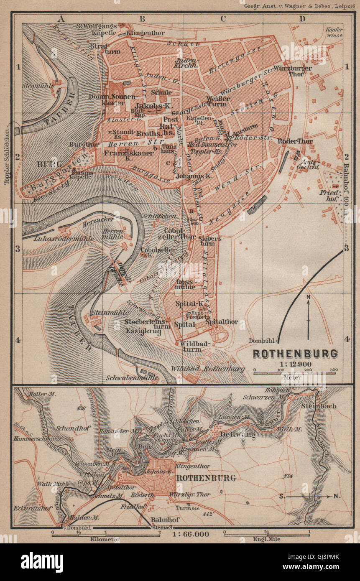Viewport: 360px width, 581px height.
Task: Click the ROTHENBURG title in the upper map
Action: (295, 354)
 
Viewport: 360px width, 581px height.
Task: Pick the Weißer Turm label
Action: (218, 101)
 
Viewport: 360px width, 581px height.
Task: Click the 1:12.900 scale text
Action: (295, 364)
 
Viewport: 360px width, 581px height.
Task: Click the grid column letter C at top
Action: (223, 18)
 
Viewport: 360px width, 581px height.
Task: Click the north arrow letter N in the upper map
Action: (308, 297)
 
